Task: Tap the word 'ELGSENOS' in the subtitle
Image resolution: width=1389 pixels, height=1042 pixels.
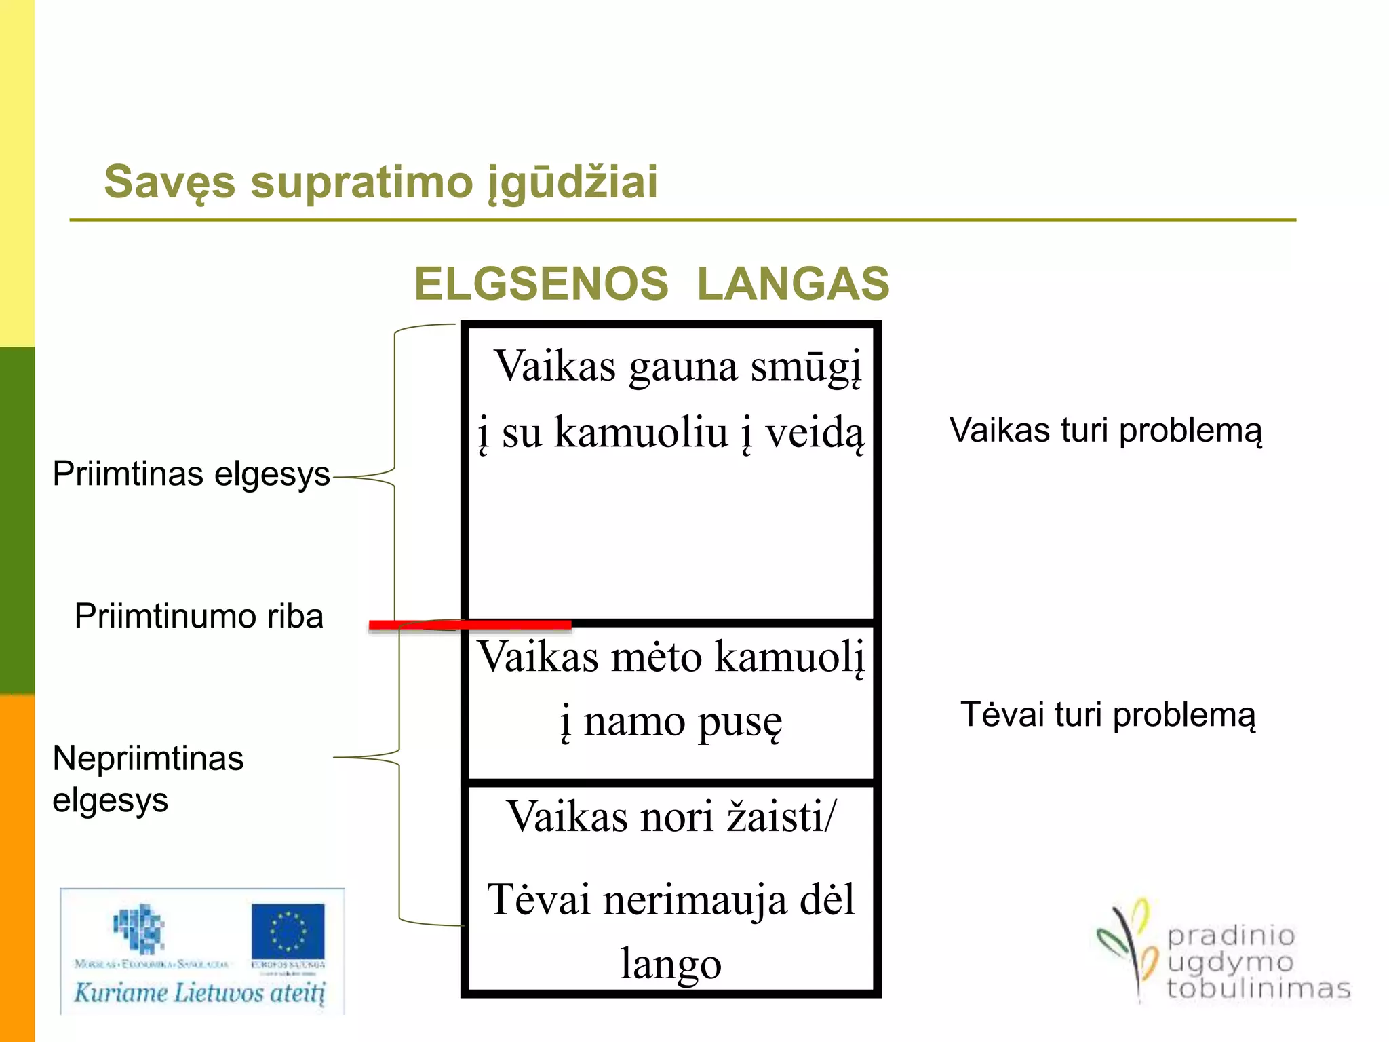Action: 541,284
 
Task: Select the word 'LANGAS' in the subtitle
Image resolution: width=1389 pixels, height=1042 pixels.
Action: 793,284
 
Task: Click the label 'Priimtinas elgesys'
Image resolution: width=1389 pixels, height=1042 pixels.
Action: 191,474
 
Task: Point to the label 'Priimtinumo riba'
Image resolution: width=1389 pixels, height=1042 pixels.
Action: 199,616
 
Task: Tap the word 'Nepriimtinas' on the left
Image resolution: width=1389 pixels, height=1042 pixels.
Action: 148,758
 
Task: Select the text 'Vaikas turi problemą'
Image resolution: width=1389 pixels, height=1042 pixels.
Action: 1106,430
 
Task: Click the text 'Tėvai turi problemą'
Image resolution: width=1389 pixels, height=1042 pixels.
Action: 1108,715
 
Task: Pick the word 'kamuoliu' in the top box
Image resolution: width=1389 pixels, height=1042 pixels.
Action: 640,432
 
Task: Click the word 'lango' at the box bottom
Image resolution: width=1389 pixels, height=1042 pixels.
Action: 671,964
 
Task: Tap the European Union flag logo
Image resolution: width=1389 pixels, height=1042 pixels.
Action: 288,931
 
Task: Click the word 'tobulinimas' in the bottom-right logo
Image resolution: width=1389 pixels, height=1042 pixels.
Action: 1258,989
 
